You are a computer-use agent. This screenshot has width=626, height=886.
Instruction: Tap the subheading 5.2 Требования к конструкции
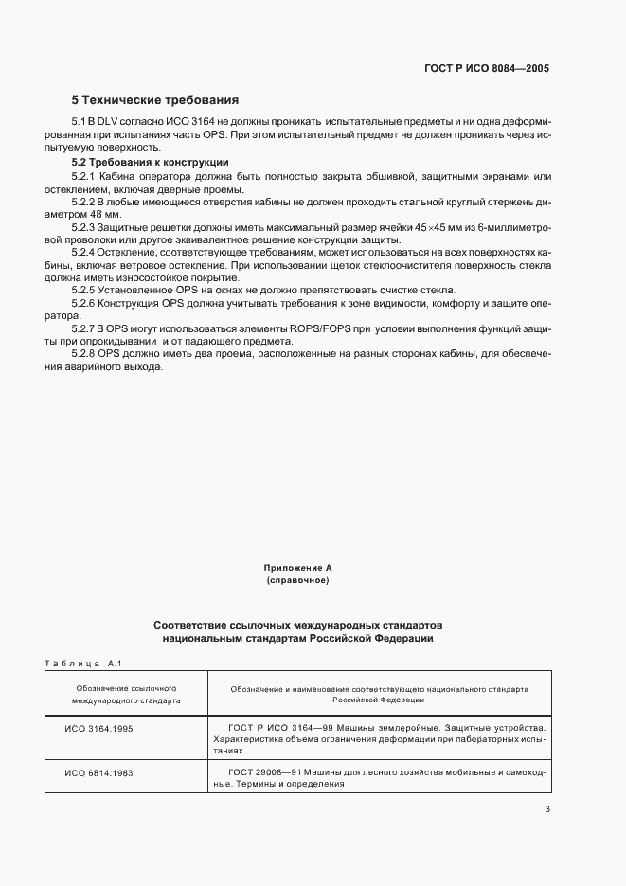point(150,162)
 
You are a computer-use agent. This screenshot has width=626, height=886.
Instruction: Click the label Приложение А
point(297,567)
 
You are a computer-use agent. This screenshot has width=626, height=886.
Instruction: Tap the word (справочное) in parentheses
point(297,579)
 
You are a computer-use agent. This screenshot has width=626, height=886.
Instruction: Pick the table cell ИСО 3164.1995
point(99,727)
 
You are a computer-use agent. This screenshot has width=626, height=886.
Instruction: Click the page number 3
point(546,808)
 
